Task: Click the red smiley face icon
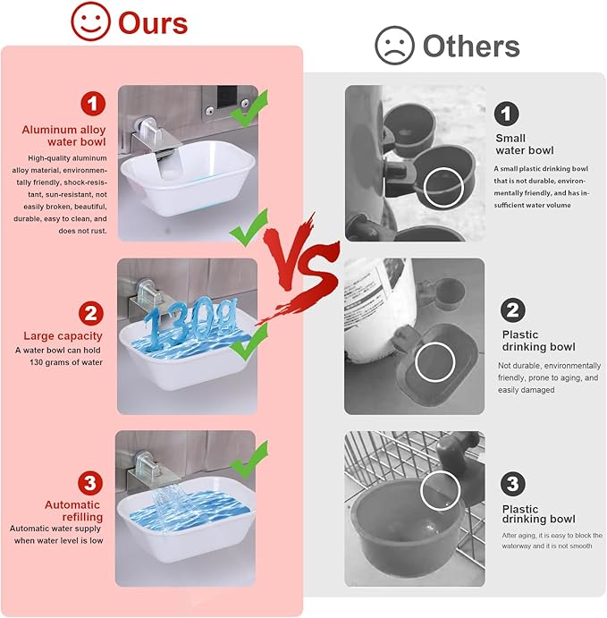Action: point(90,21)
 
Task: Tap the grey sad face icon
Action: point(394,46)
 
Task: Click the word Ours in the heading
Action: point(153,23)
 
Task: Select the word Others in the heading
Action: point(471,47)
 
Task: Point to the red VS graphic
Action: point(300,268)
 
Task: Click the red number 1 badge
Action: point(93,104)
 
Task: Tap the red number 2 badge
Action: point(91,313)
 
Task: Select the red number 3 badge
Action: point(90,483)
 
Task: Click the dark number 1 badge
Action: point(506,114)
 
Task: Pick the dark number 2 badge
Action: point(513,310)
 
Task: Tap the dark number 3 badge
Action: point(512,484)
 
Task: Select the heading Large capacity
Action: point(63,335)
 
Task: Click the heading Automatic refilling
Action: point(73,511)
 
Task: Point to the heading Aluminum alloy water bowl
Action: point(63,136)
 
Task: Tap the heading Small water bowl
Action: point(525,144)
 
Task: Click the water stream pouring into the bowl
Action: point(166,506)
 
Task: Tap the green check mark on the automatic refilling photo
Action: point(249,460)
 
